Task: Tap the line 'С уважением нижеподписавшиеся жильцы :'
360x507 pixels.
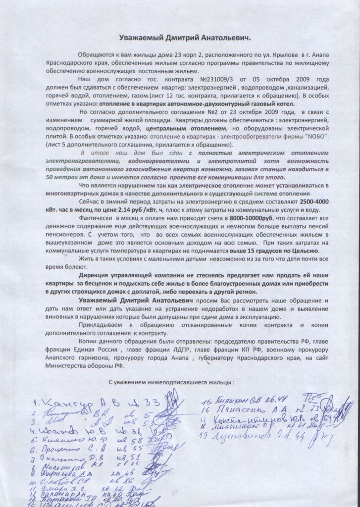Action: tap(171, 382)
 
